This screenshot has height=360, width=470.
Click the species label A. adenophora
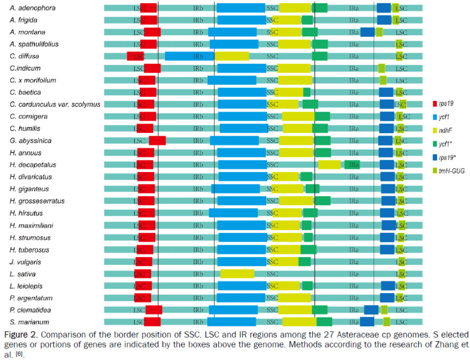click(30, 8)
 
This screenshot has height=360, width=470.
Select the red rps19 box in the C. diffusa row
click(136, 56)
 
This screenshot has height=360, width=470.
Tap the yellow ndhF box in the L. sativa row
click(237, 274)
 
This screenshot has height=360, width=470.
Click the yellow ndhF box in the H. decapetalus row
click(329, 165)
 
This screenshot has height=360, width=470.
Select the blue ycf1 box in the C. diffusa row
click(189, 56)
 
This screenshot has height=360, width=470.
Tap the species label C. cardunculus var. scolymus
click(55, 105)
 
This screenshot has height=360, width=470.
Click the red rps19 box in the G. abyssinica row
click(157, 141)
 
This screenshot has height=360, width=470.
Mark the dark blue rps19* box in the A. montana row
click(367, 32)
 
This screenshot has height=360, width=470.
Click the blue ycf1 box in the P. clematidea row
click(233, 310)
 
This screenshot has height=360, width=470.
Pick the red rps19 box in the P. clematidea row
click(154, 310)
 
